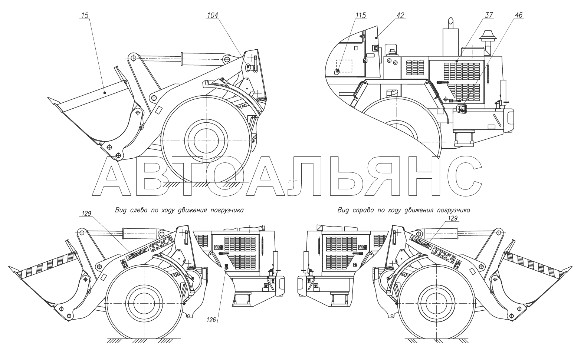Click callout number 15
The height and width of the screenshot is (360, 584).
click(x=85, y=15)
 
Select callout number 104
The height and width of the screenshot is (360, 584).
click(x=213, y=15)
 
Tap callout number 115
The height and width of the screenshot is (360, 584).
click(x=361, y=15)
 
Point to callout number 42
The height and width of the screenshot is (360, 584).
click(x=400, y=15)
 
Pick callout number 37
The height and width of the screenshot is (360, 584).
click(x=489, y=15)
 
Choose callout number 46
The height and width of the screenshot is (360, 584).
click(x=519, y=15)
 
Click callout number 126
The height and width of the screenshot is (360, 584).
click(x=211, y=320)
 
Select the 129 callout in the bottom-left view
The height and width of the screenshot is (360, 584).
click(x=86, y=214)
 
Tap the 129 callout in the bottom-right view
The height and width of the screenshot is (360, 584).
click(x=453, y=218)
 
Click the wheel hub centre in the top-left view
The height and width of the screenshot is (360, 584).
click(x=206, y=141)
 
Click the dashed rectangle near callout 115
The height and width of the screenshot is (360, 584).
click(x=344, y=66)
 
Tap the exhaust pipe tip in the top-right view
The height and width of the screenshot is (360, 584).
click(x=450, y=18)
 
